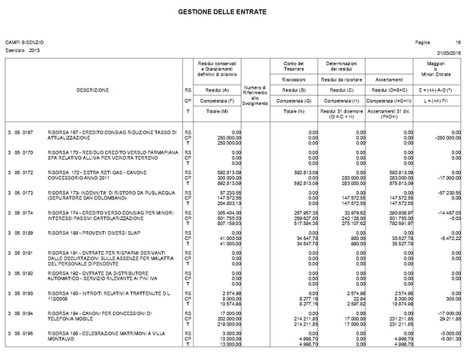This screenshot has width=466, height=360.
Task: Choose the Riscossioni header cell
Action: point(286,78)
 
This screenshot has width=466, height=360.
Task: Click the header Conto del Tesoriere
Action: point(286,66)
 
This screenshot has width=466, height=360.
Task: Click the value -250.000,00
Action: point(447,137)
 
